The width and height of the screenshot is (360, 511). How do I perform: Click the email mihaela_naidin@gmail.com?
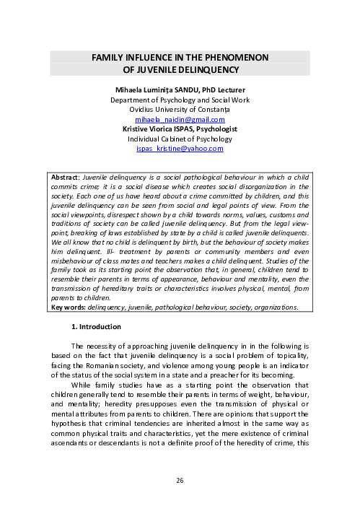pos(180,118)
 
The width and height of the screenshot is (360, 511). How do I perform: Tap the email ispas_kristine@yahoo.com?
pos(180,148)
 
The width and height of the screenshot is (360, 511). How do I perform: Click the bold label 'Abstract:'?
pos(65,175)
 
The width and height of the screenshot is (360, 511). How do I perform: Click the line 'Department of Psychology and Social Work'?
pos(180,99)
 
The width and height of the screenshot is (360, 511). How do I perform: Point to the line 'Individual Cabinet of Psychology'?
pos(180,138)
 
